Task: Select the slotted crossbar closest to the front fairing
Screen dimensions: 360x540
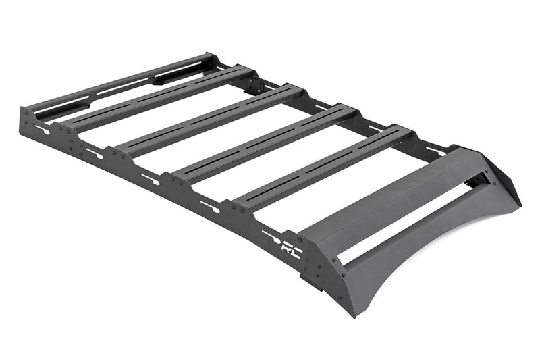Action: click(x=324, y=165)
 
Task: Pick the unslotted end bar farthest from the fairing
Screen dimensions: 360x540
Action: click(x=122, y=81)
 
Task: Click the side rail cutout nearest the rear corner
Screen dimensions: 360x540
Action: click(x=42, y=128)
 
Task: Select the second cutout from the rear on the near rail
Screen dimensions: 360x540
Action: click(x=94, y=153)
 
